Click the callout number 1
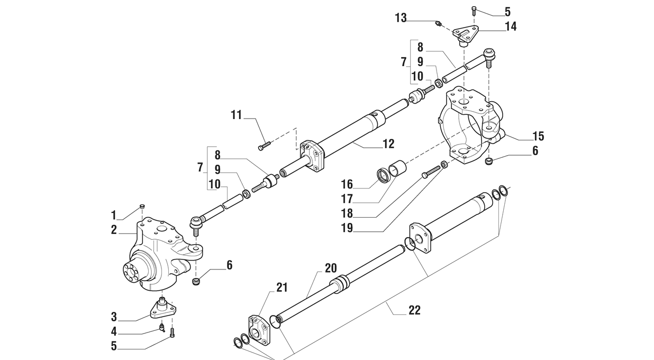click(x=114, y=215)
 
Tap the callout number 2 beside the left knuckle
click(x=114, y=230)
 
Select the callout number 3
click(x=114, y=317)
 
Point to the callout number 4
click(x=114, y=331)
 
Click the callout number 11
click(x=237, y=115)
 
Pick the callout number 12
click(x=388, y=144)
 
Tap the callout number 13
click(x=401, y=18)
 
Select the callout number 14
click(x=511, y=26)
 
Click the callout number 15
click(x=538, y=136)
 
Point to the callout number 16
click(x=347, y=184)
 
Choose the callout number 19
click(x=347, y=228)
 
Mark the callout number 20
click(x=331, y=268)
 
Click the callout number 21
click(x=281, y=287)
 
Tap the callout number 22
click(x=414, y=310)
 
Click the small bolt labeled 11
click(x=265, y=145)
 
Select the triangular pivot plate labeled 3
click(x=163, y=310)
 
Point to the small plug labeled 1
click(x=142, y=206)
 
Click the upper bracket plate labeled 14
click(x=466, y=33)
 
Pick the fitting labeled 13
click(x=438, y=23)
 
